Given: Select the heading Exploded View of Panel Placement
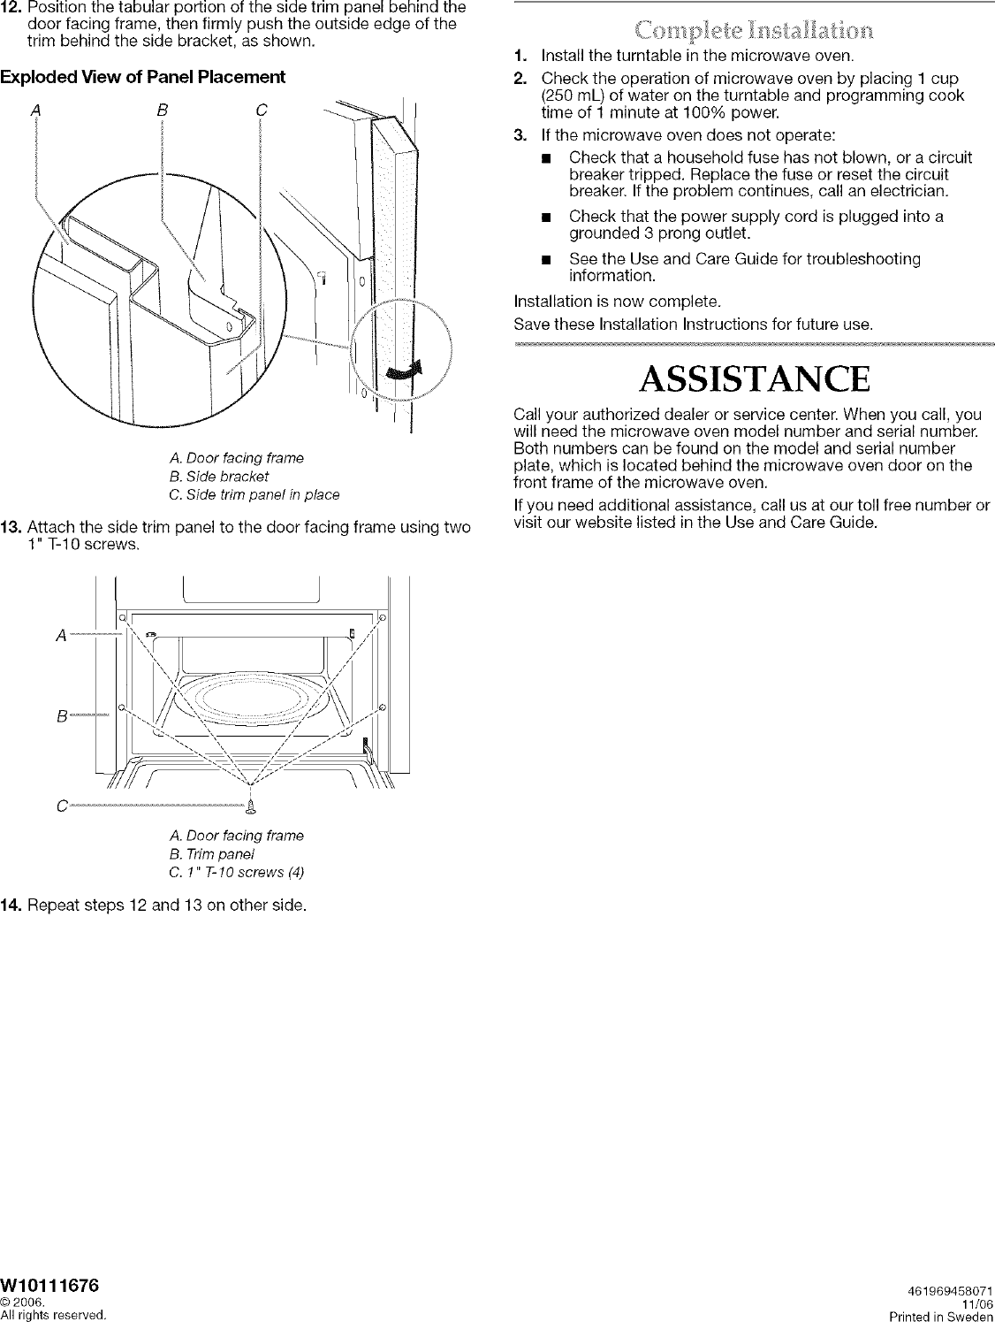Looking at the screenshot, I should [143, 78].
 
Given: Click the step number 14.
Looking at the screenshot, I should [11, 906].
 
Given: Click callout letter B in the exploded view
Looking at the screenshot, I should [162, 110].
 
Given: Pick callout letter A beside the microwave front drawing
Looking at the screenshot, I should [60, 635].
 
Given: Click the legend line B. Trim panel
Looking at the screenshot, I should [210, 854].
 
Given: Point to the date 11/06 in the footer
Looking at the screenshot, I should [975, 1302].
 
